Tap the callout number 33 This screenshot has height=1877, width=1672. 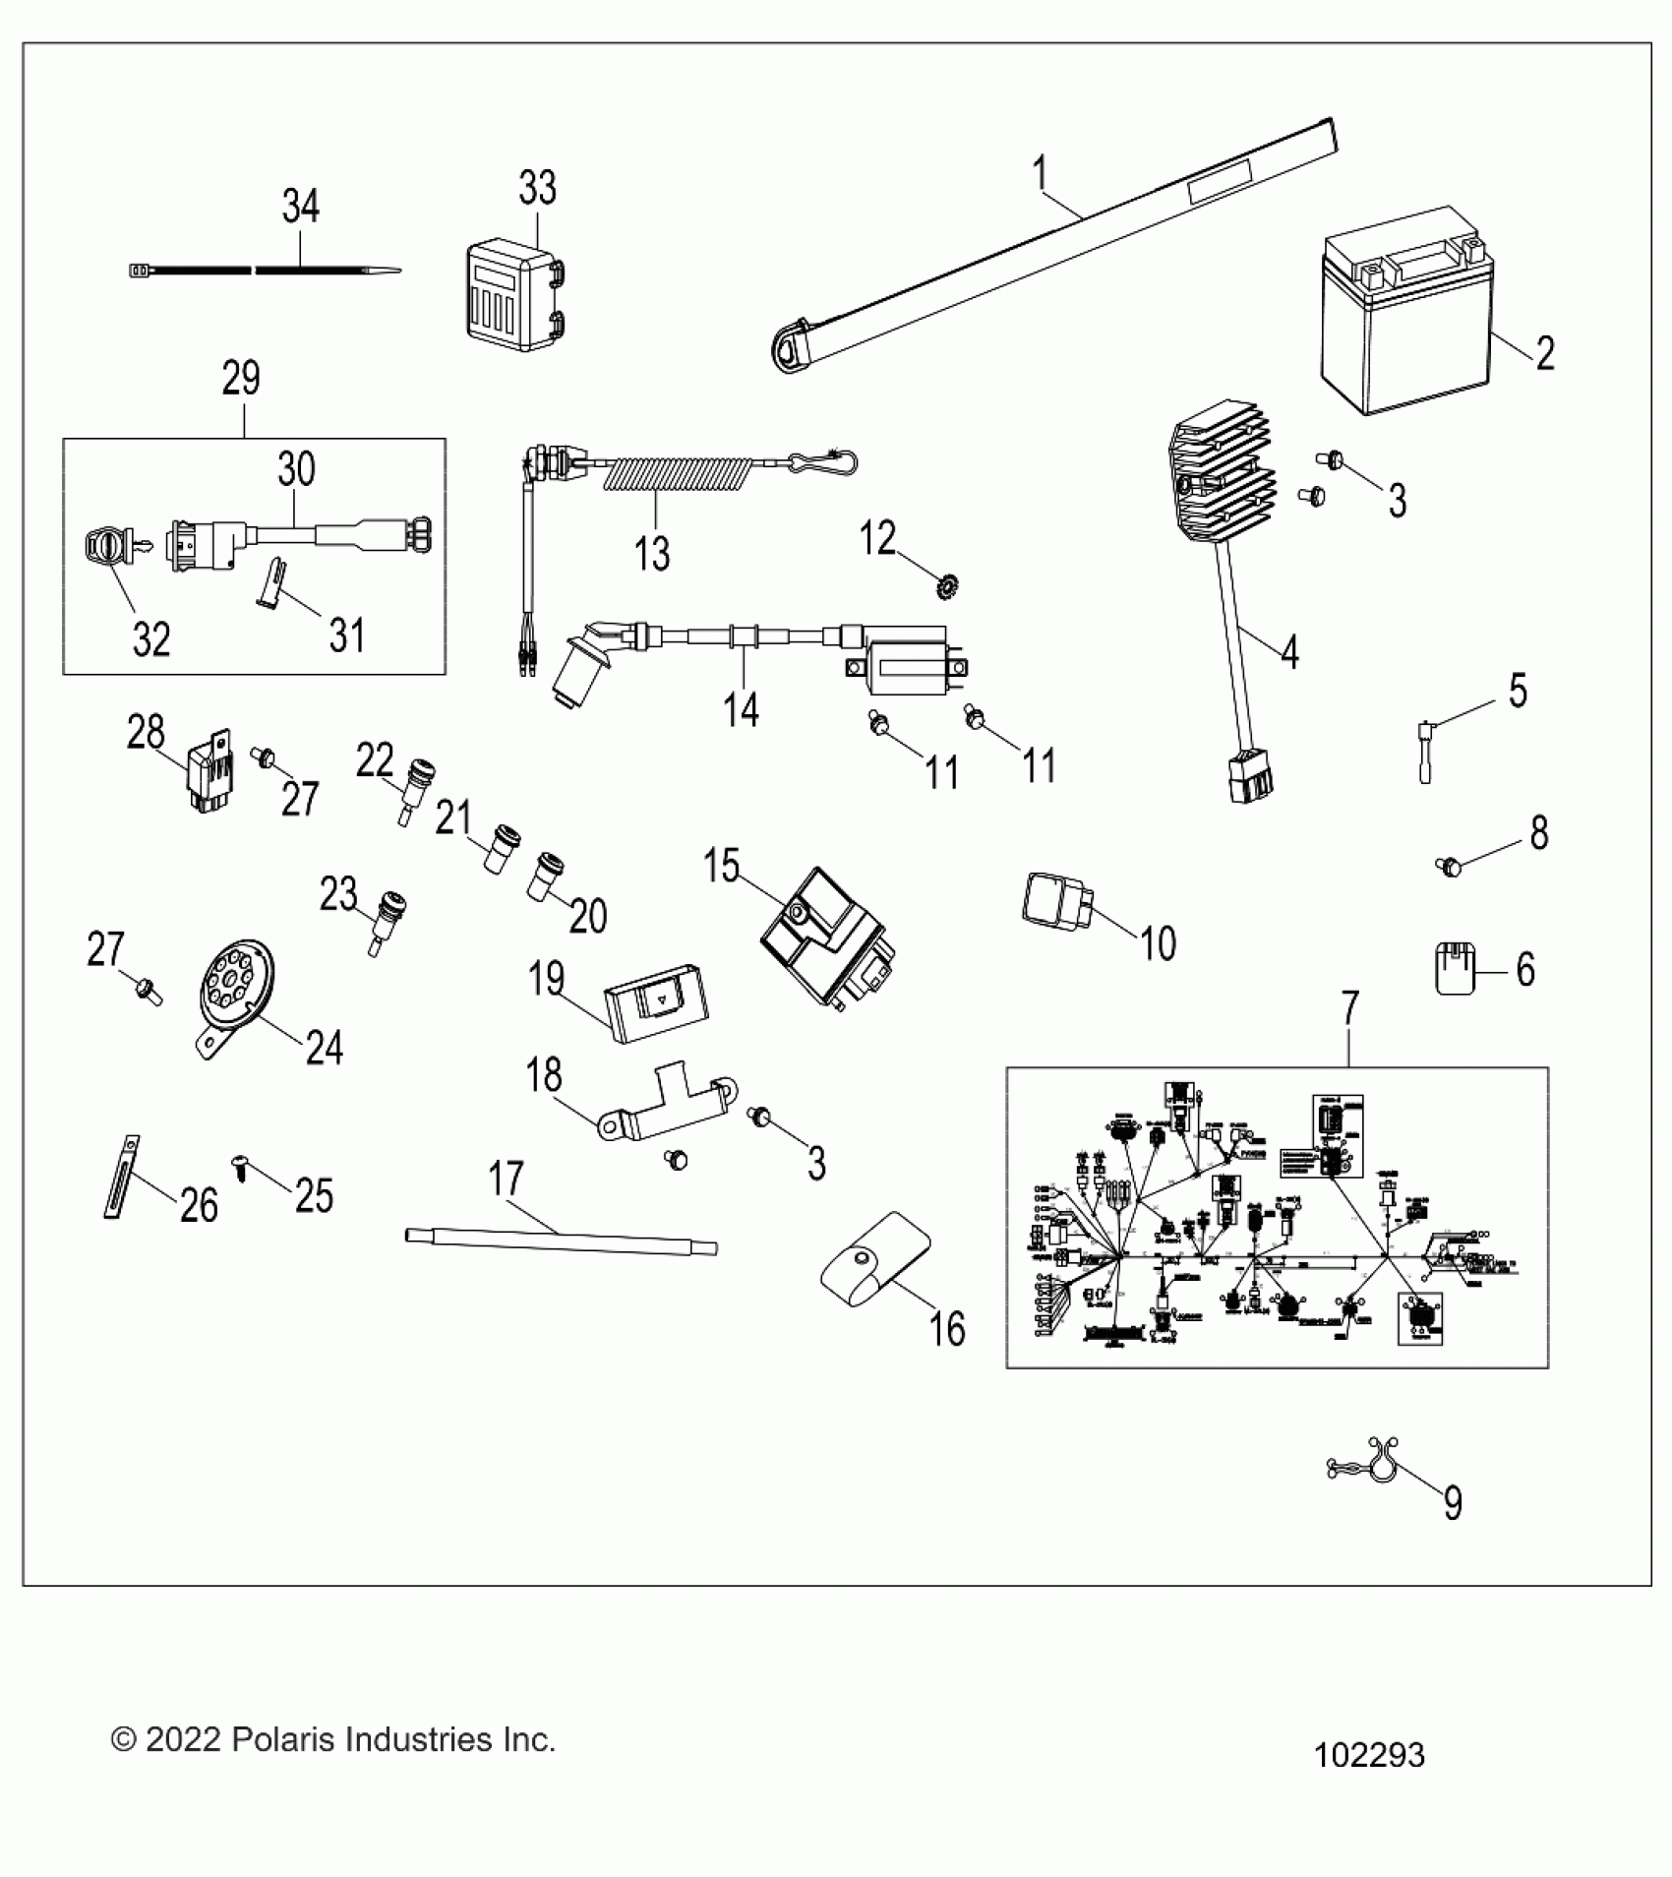pyautogui.click(x=537, y=187)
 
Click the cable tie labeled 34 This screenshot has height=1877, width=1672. pyautogui.click(x=266, y=269)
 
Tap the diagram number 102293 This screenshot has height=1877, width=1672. pyautogui.click(x=1369, y=1753)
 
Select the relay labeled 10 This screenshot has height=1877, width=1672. pyautogui.click(x=1056, y=899)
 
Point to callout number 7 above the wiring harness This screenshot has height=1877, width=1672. pyautogui.click(x=1349, y=1008)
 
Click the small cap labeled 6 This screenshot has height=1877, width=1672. pyautogui.click(x=1455, y=969)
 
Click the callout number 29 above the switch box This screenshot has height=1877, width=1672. pyautogui.click(x=241, y=379)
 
